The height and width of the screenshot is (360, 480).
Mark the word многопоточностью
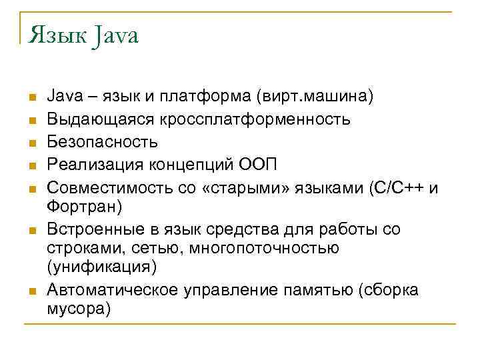264,248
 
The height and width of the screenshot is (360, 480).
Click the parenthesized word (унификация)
101,267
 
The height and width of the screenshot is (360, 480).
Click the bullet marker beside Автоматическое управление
31,291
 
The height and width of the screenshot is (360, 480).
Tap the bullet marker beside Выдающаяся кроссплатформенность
31,121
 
